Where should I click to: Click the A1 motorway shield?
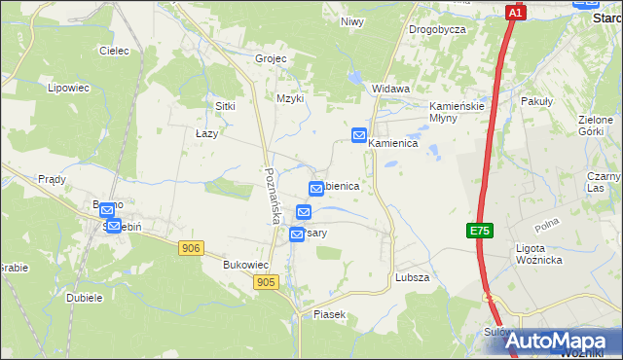point(516,12)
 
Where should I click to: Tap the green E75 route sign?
point(479,231)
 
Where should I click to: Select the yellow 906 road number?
point(191,249)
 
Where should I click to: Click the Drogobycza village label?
point(437,29)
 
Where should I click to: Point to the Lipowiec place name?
point(68,88)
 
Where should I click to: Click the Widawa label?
point(390,89)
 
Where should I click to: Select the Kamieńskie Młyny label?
point(457,112)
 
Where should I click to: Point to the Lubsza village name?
point(413,277)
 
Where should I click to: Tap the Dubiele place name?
point(85,298)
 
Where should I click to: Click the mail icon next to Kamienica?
point(359,135)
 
